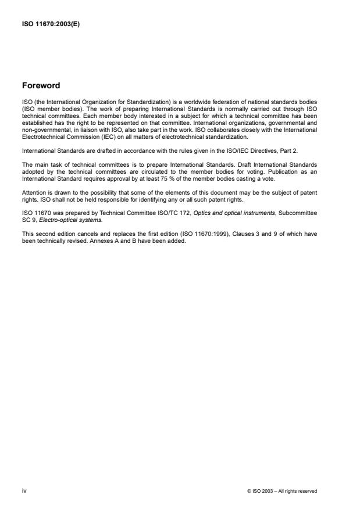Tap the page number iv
click(x=24, y=490)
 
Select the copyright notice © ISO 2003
click(x=282, y=491)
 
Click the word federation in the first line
click(x=228, y=101)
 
